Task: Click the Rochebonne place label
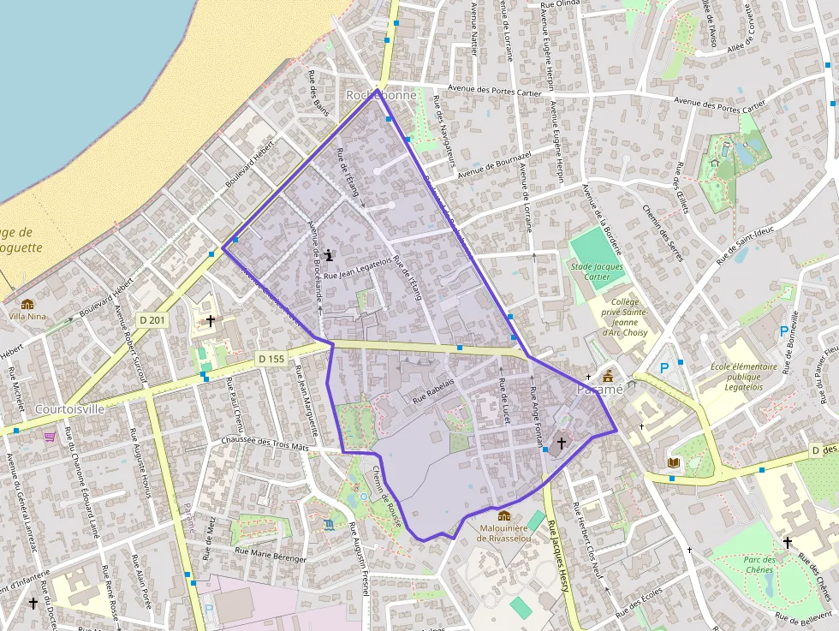click(381, 95)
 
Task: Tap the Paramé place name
click(601, 390)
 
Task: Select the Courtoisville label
click(70, 409)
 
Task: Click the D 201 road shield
click(152, 320)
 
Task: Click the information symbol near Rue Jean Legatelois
click(330, 255)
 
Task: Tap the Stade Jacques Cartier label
click(597, 271)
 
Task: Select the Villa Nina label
click(27, 315)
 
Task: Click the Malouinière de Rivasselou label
click(503, 533)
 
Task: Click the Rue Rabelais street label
click(433, 390)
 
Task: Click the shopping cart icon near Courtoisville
click(50, 436)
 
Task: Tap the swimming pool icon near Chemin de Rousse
click(330, 524)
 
